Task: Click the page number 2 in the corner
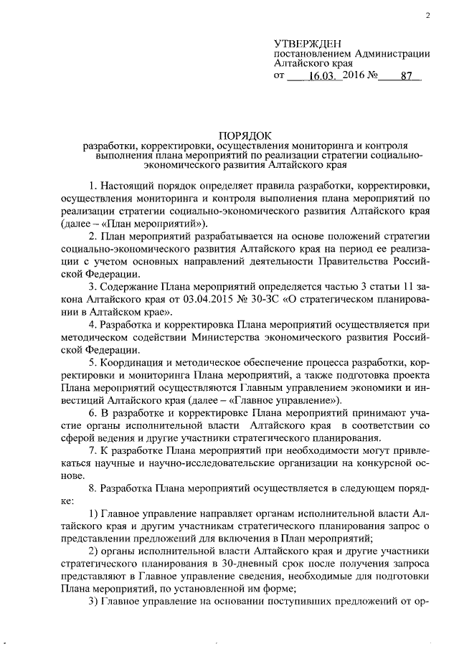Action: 427,16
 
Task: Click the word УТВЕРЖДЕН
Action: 304,44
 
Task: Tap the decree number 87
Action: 406,75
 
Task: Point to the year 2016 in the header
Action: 354,75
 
